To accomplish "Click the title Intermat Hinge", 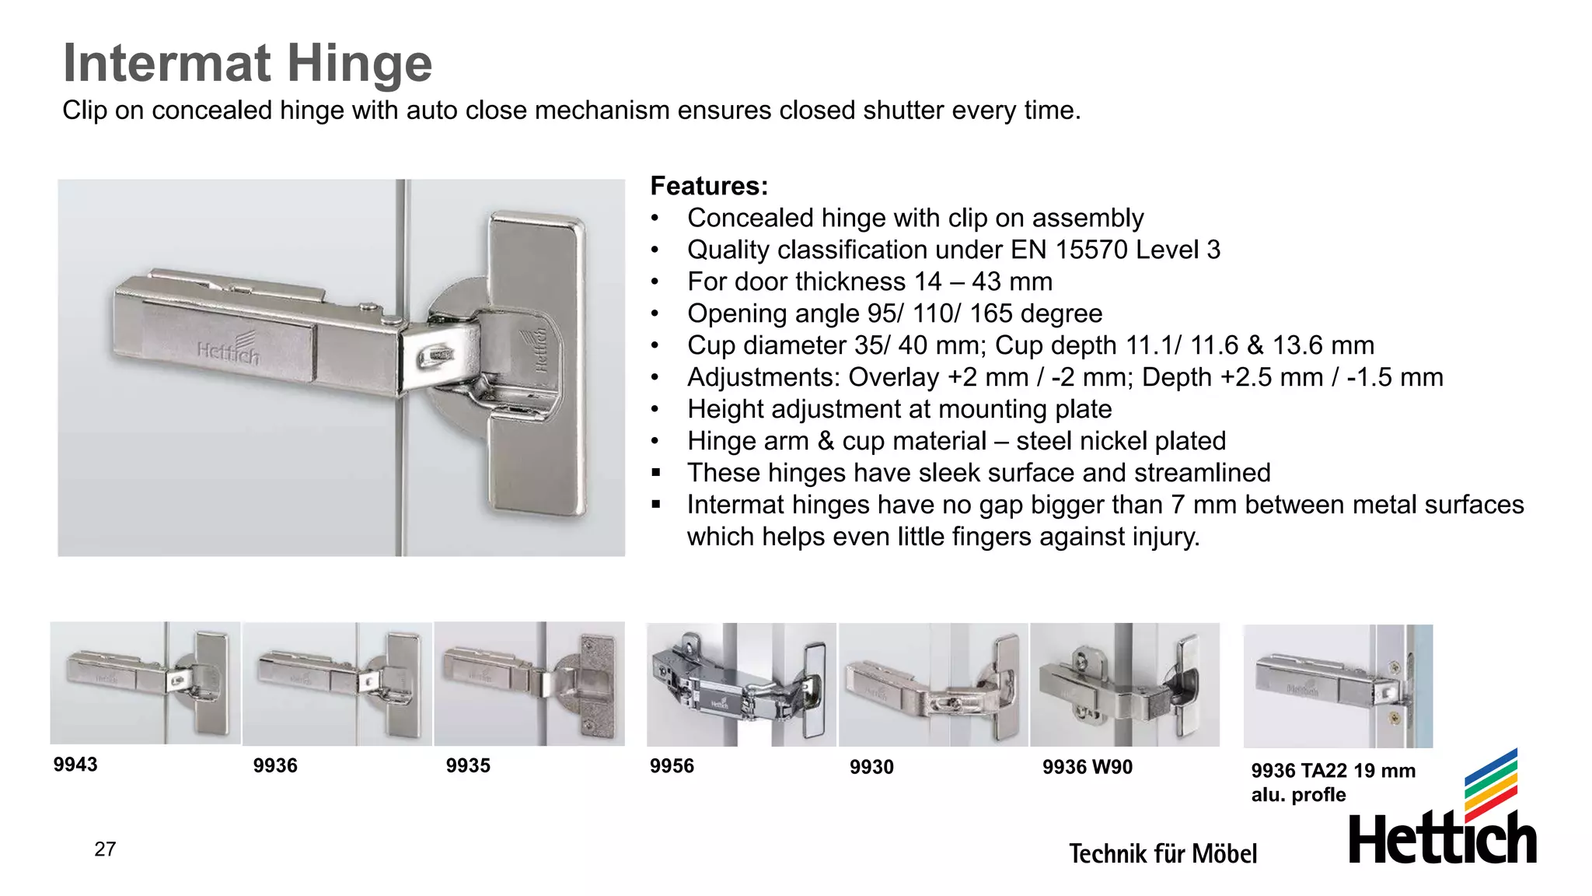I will tap(247, 63).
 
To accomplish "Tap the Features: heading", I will tap(709, 186).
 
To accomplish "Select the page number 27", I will tap(105, 849).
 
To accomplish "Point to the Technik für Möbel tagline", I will tap(1162, 853).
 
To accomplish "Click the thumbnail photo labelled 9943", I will tap(145, 683).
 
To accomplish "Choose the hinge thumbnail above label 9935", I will tap(529, 684).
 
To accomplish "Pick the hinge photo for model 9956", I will tap(741, 684).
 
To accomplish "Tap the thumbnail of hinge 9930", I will tap(933, 684).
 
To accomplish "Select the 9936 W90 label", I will tap(1087, 767).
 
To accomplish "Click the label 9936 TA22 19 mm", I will tap(1332, 771).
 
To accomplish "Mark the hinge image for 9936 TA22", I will tap(1338, 686).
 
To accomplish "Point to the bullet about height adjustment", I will tap(899, 409).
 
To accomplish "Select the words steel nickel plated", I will tap(1120, 441).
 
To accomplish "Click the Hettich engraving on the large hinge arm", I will tap(227, 350).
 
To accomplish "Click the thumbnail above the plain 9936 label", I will tap(337, 684).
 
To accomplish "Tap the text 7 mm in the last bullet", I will tap(1203, 505).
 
